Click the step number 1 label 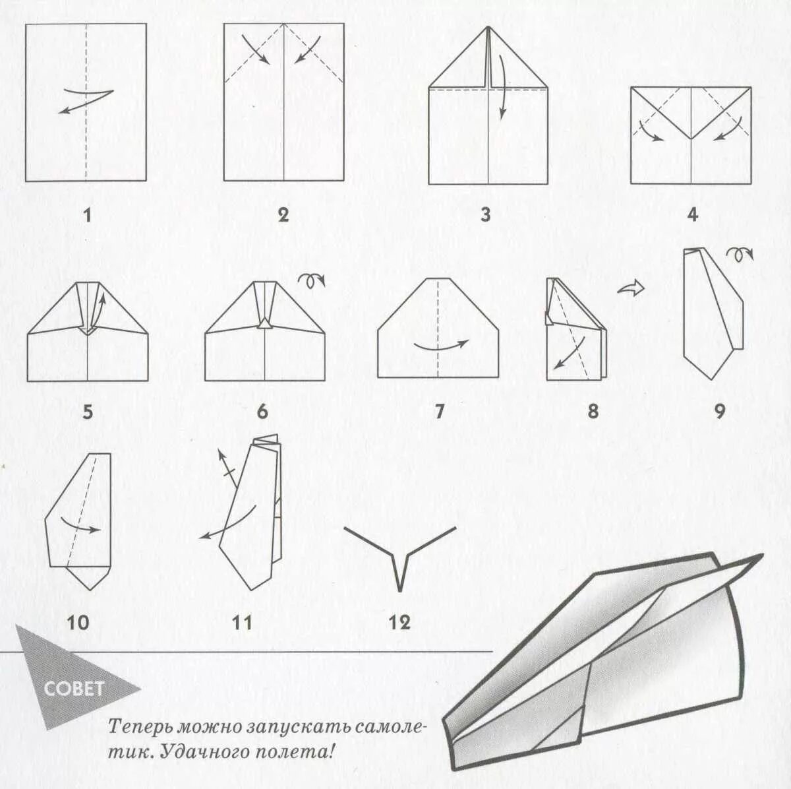pos(86,216)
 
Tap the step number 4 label pos(693,216)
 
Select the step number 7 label pos(439,412)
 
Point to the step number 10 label pos(78,623)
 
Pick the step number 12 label pos(400,623)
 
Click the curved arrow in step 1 pos(86,101)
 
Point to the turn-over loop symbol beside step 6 pos(312,280)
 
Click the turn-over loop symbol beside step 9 pos(740,255)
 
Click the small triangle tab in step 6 pos(265,324)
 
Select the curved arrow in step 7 pos(441,346)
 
